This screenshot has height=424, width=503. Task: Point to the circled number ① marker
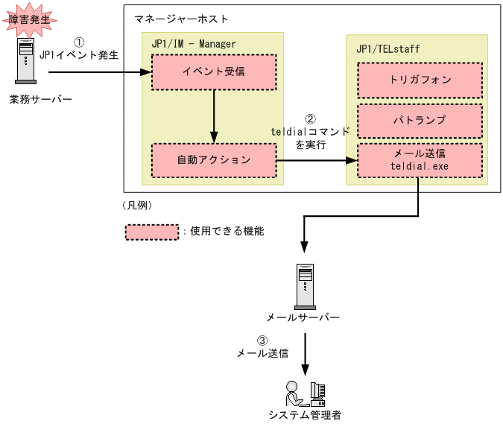click(79, 42)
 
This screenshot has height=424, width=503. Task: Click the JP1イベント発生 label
click(79, 54)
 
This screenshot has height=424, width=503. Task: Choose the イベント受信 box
click(214, 72)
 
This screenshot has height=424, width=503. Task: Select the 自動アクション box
click(214, 159)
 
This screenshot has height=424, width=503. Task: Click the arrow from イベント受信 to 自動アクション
click(214, 116)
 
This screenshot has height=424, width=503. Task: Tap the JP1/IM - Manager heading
click(193, 44)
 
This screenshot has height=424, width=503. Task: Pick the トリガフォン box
click(420, 80)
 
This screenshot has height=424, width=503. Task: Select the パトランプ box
click(420, 121)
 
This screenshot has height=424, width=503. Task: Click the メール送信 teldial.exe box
click(420, 159)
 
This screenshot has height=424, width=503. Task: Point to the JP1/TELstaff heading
click(387, 49)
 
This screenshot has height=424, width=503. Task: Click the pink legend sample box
click(151, 232)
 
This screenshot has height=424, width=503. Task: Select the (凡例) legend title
click(136, 205)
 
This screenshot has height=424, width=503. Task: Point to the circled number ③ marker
click(262, 341)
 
